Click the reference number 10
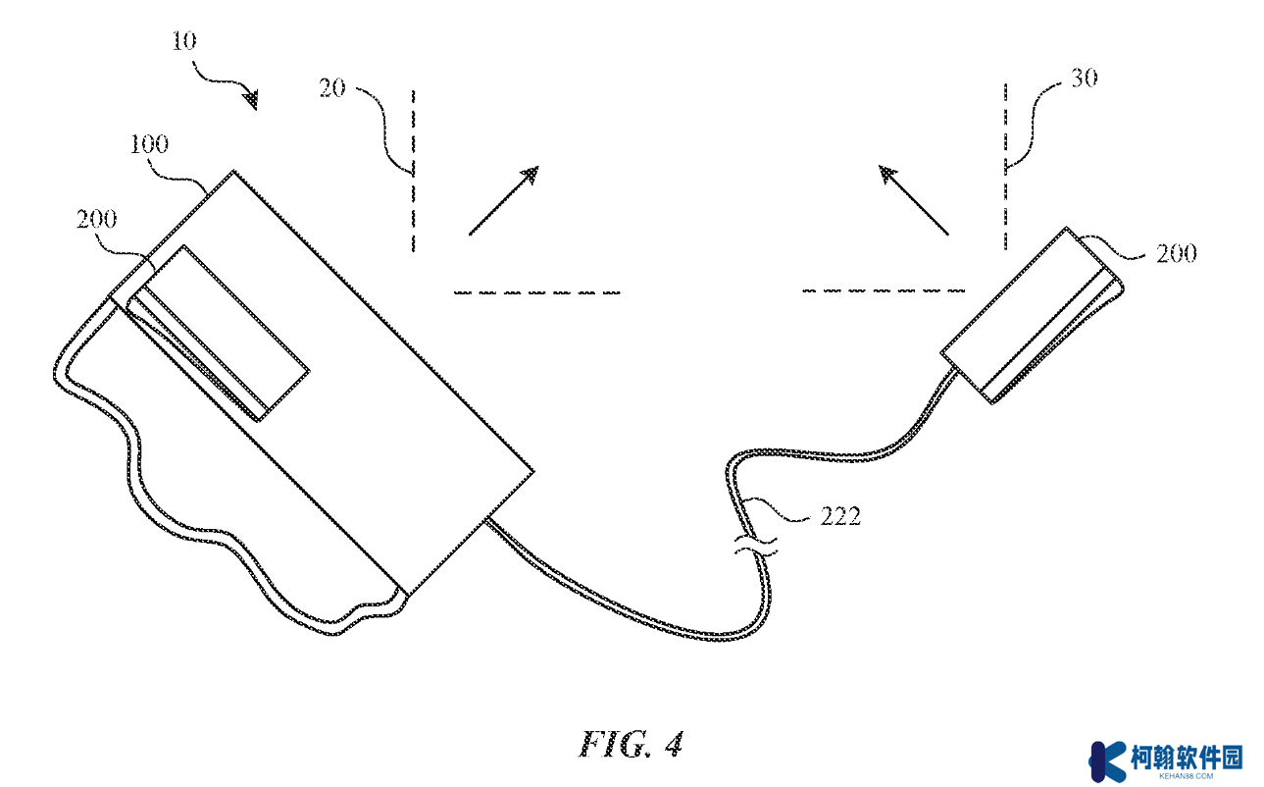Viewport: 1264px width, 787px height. pos(184,41)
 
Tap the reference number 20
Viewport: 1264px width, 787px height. pos(332,88)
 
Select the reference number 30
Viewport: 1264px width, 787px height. pos(1085,78)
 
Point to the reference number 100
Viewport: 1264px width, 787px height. pos(149,144)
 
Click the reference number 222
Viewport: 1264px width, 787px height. pos(840,516)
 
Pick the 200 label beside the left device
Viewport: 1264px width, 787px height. pos(96,219)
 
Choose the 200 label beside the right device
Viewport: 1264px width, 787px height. pos(1177,253)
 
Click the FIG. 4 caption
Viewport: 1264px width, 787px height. pos(631,745)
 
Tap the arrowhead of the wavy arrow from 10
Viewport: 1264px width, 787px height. pos(252,100)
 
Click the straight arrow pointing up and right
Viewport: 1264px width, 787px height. pos(504,200)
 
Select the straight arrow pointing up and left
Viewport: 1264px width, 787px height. pos(914,200)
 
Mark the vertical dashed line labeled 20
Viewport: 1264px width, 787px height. pos(414,171)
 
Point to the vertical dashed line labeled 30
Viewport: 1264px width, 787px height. pos(1005,167)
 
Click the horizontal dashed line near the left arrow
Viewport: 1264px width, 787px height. pos(537,292)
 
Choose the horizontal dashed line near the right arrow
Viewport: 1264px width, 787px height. pos(884,290)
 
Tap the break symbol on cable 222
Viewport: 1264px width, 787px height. pos(756,546)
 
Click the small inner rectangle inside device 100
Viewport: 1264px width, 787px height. pos(218,333)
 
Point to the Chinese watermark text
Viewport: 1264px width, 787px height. pos(1188,758)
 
